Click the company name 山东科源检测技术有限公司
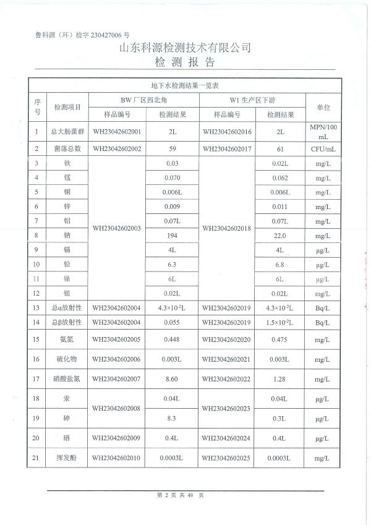click(x=185, y=48)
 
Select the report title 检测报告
click(x=185, y=62)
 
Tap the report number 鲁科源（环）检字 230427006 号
click(x=82, y=36)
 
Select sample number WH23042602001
click(x=117, y=132)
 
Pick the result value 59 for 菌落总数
click(x=173, y=149)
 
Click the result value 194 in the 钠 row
click(x=173, y=236)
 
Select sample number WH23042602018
click(x=226, y=228)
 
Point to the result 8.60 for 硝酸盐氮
click(x=173, y=379)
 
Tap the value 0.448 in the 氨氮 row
click(x=173, y=339)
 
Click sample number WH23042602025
click(x=226, y=458)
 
